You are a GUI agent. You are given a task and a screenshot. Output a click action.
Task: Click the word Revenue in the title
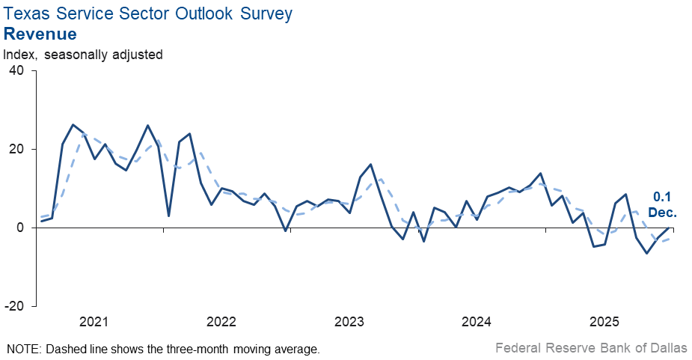[x=40, y=34]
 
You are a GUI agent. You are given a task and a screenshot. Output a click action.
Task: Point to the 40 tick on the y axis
[x=16, y=70]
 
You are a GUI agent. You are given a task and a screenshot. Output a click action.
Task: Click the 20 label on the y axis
[x=16, y=149]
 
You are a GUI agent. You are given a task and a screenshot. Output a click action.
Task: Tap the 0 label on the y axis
[x=20, y=228]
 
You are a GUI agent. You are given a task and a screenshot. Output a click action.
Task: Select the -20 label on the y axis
[x=14, y=306]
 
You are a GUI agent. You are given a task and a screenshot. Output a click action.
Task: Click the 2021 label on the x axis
[x=94, y=323]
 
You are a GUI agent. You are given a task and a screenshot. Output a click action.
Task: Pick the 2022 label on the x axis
[x=221, y=323]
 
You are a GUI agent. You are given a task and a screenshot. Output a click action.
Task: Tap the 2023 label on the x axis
[x=349, y=323]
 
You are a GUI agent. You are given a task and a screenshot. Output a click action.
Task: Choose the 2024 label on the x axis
[x=477, y=323]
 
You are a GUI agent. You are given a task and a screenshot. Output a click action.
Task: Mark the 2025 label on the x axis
[x=604, y=323]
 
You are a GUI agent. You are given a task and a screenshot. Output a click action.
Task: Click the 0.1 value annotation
[x=662, y=197]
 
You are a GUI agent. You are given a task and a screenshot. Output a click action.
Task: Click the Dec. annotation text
[x=662, y=213]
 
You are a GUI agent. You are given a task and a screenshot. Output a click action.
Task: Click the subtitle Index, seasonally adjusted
[x=83, y=54]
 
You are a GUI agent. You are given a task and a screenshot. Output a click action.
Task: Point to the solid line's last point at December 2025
[x=669, y=228]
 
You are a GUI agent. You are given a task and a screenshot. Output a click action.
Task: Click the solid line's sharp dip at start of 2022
[x=169, y=216]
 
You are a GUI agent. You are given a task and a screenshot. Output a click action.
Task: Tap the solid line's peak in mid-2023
[x=371, y=164]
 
